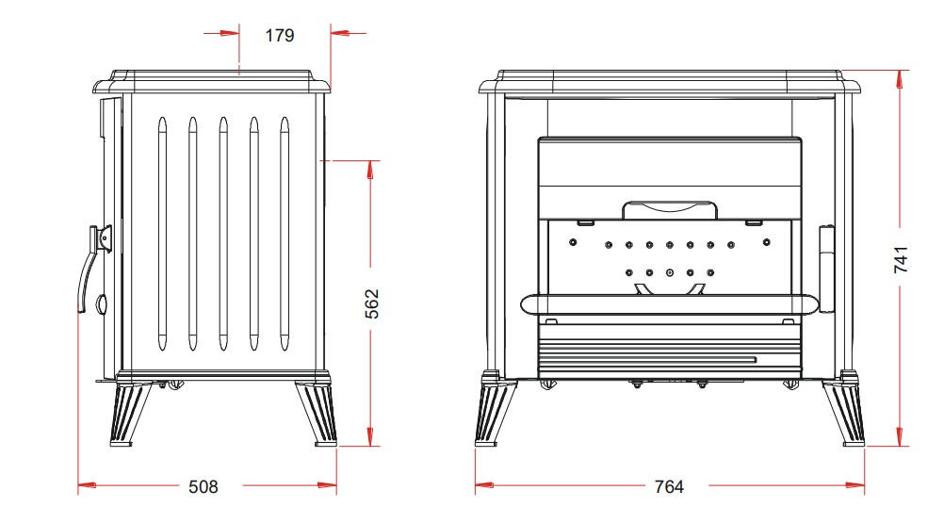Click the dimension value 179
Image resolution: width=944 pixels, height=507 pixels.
pyautogui.click(x=280, y=36)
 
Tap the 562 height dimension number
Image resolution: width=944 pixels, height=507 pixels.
pyautogui.click(x=373, y=303)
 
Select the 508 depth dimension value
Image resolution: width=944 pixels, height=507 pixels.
pyautogui.click(x=203, y=486)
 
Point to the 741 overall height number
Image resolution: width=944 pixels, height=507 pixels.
pyautogui.click(x=902, y=259)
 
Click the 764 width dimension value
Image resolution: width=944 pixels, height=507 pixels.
pyautogui.click(x=669, y=486)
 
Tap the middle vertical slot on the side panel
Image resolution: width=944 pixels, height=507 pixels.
pyautogui.click(x=223, y=234)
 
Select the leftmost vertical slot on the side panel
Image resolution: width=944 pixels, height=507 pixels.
pyautogui.click(x=162, y=234)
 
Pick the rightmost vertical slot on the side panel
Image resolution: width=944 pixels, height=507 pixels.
pyautogui.click(x=285, y=234)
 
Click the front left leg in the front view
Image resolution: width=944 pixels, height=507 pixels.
pyautogui.click(x=496, y=409)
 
